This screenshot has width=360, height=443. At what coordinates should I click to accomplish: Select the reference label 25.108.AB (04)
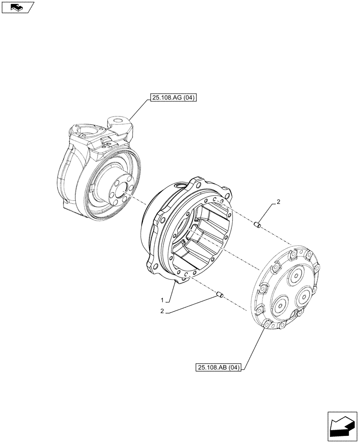217,367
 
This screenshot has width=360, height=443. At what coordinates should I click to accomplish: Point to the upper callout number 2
278,202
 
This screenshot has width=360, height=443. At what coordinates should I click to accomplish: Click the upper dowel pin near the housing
256,226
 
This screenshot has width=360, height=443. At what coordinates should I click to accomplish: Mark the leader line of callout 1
172,292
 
